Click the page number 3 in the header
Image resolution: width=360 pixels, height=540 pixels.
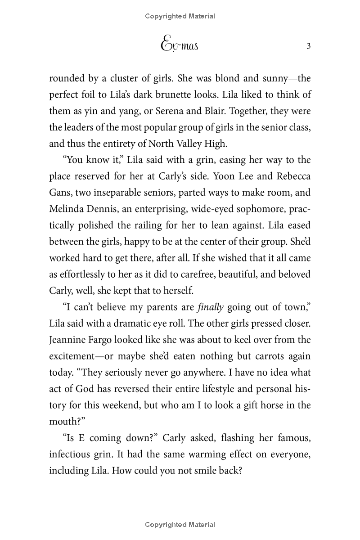[308, 46]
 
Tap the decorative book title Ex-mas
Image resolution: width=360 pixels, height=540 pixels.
[180, 45]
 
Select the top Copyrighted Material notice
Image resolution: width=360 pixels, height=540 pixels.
[180, 16]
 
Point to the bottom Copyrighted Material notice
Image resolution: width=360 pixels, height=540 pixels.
[180, 525]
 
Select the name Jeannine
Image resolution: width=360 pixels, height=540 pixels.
[67, 340]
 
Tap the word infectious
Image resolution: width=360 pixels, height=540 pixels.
[71, 454]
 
